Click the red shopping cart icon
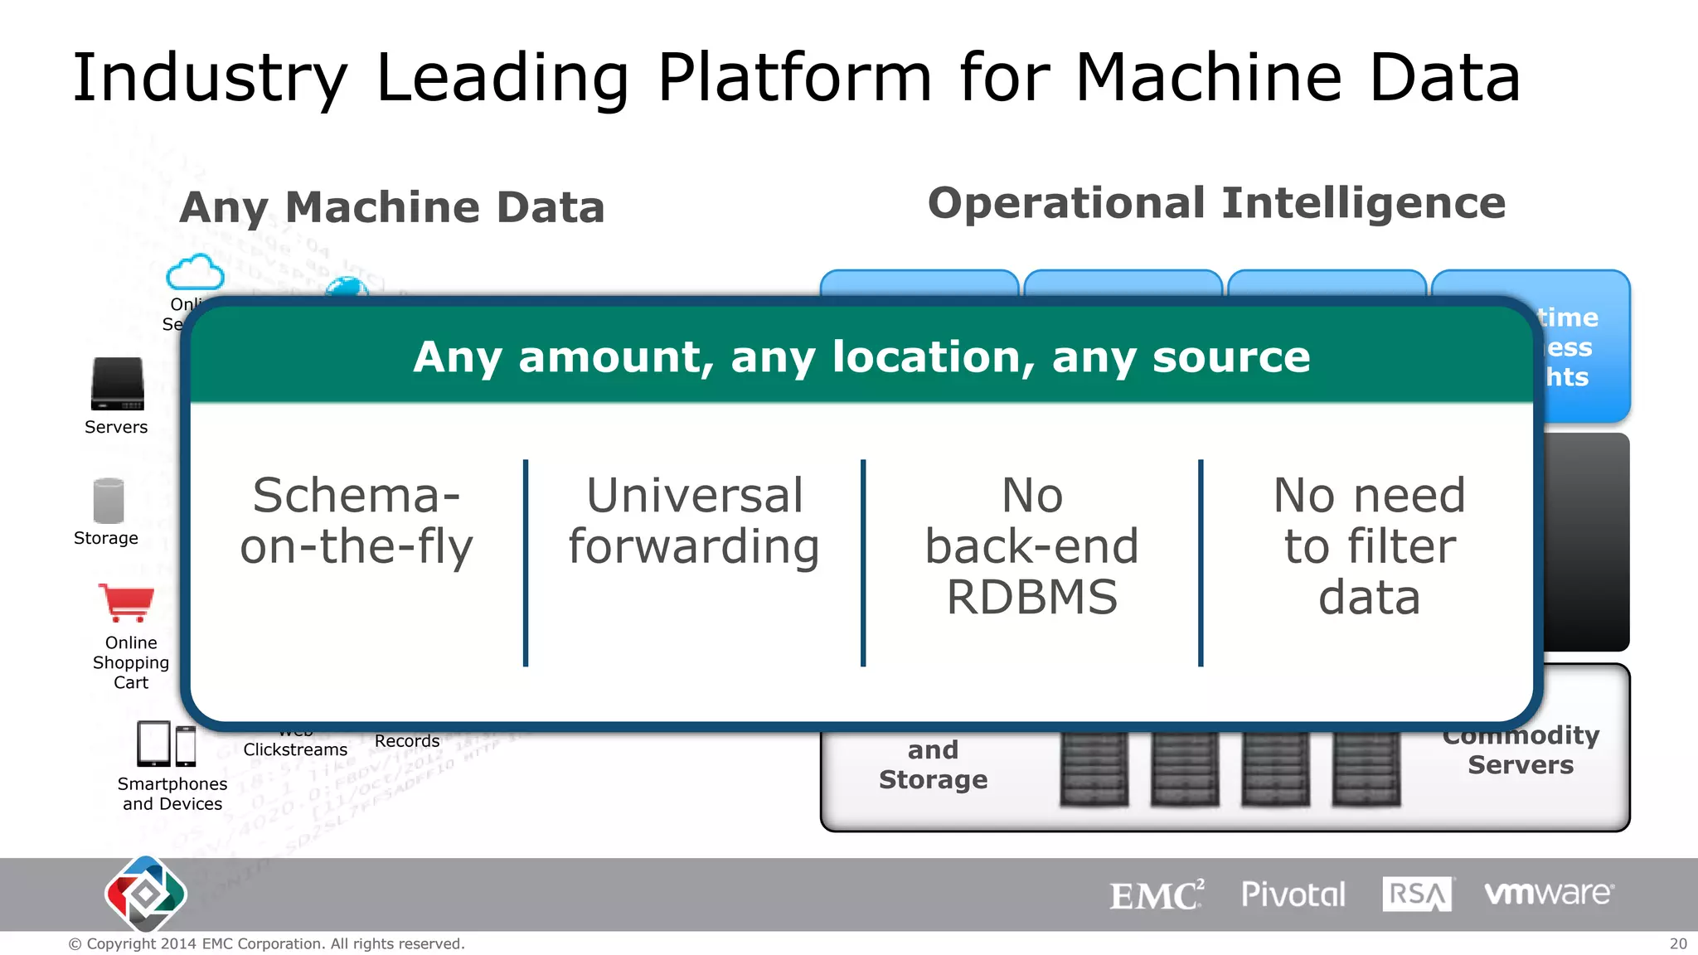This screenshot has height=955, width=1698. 126,603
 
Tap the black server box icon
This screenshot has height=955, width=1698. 117,384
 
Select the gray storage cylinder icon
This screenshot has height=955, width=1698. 108,501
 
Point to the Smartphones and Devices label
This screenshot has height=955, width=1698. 172,793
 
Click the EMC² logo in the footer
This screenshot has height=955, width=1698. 1156,895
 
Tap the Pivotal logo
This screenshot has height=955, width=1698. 1293,894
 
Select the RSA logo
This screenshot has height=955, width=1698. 1417,894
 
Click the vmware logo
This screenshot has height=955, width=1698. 1548,894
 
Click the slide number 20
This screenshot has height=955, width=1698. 1677,943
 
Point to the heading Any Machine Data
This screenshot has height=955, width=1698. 392,207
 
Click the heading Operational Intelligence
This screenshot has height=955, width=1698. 1216,204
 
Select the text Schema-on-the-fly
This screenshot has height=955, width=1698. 357,521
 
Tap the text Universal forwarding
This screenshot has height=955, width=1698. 694,521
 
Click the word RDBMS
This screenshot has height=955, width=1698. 1032,598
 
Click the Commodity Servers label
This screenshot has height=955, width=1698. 1520,750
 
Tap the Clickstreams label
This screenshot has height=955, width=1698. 295,749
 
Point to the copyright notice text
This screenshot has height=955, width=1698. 266,943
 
